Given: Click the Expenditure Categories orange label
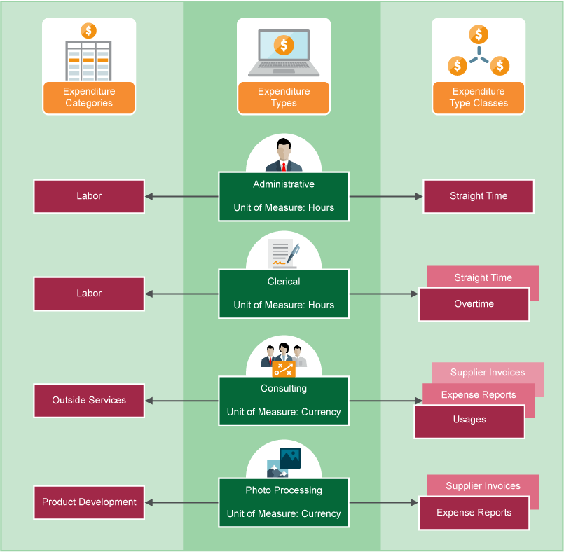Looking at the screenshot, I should pos(89,97).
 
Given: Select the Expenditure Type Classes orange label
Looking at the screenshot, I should pos(479,97).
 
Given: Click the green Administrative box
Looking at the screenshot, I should pos(284,196).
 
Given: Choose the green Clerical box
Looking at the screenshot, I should pos(284,294).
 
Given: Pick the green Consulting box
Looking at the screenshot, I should pos(284,400).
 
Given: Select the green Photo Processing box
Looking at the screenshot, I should pos(284,502).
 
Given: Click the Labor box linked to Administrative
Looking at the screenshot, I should pos(89,196).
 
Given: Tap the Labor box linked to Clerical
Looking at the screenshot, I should pos(89,294).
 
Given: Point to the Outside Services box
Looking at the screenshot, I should pos(89,401).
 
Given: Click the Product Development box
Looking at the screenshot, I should pos(89,502).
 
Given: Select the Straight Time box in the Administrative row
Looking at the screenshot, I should pos(479,196).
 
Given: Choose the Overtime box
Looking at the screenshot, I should pos(474,305).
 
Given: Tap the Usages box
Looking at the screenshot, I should pos(469,420).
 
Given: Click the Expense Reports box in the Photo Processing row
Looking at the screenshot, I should pos(474,513).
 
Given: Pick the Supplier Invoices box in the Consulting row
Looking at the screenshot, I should pos(488,372).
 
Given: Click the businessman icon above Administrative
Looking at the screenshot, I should pos(284,155).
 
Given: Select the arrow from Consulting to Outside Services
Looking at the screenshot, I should pos(182,401).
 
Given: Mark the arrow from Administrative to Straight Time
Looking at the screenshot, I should pos(386,196).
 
